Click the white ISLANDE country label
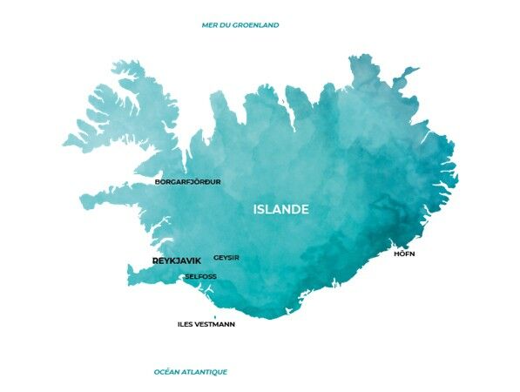click(280, 210)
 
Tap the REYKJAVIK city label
click(176, 260)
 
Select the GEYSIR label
click(226, 258)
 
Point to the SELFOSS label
click(200, 277)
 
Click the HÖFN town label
click(404, 253)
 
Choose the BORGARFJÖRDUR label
click(187, 182)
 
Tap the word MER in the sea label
click(208, 25)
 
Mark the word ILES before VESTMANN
click(185, 324)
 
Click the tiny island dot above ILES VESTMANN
click(215, 317)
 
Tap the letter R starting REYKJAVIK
click(155, 260)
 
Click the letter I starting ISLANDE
click(254, 210)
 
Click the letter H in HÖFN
click(396, 253)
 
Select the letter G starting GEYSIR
click(216, 258)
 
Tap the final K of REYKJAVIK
click(198, 260)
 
